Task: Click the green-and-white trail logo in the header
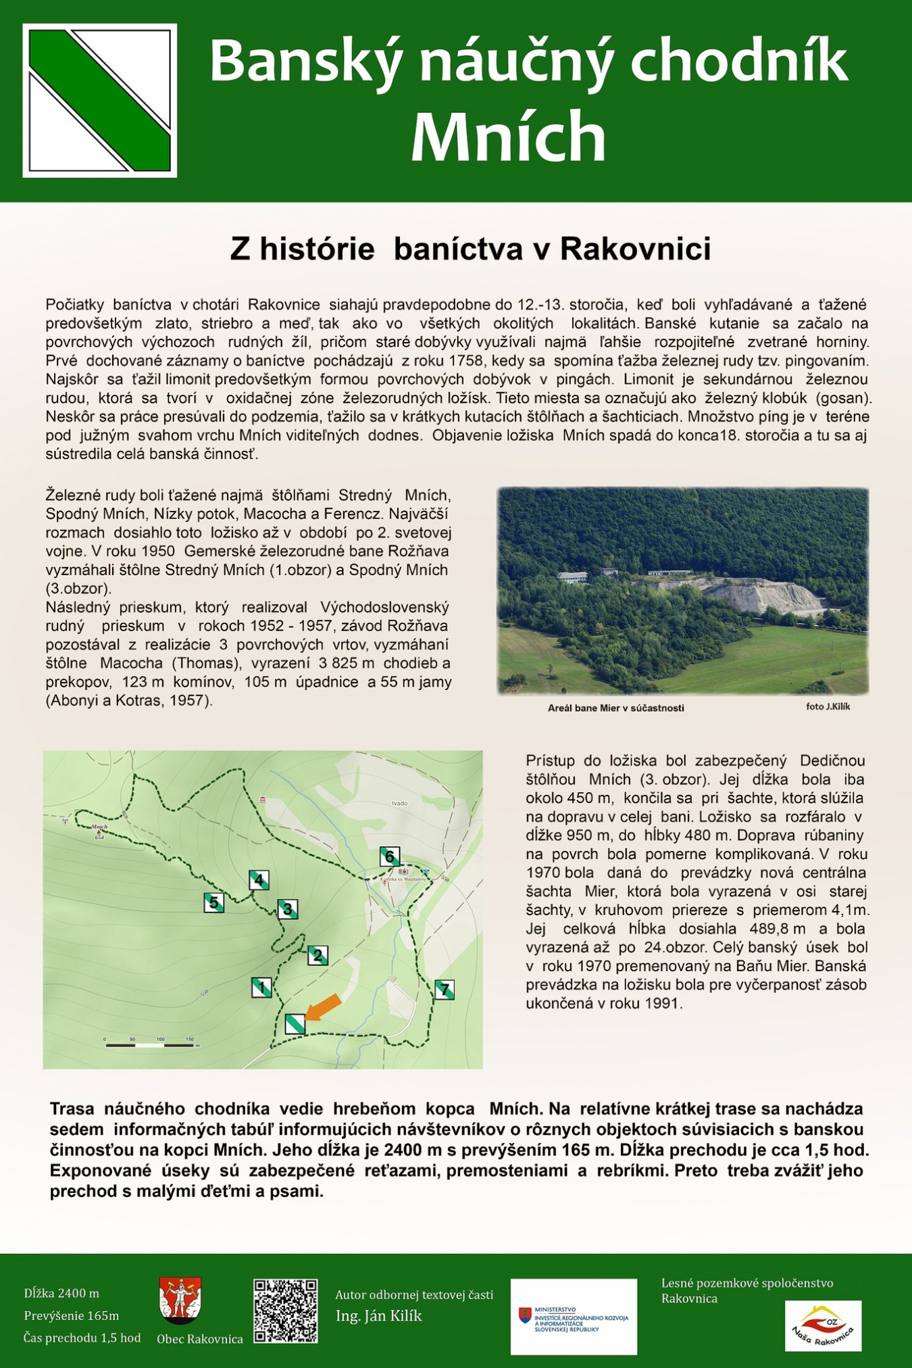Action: coord(100,101)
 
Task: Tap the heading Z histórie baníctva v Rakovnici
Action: coord(470,249)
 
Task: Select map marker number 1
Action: coord(261,987)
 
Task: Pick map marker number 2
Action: coord(318,956)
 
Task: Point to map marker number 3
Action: coord(288,909)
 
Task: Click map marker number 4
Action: coord(259,880)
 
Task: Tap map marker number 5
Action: coord(213,902)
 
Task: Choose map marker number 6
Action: coord(390,856)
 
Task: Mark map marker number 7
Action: coord(445,990)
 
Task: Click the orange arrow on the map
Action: coord(323,1006)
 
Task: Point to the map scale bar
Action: coord(150,1045)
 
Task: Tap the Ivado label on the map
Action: coord(400,804)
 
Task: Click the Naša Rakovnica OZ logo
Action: coord(823,1325)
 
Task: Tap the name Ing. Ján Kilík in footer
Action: coord(378,1316)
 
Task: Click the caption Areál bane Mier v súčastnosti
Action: coord(615,708)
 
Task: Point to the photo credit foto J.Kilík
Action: coord(828,707)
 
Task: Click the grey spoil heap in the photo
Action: coord(763,595)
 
